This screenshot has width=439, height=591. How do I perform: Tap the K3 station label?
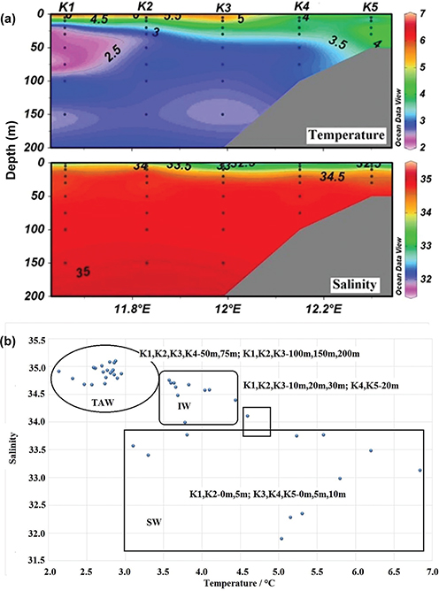tap(225, 8)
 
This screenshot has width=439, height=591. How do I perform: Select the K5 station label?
tap(371, 7)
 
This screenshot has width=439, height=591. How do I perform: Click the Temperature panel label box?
tap(350, 134)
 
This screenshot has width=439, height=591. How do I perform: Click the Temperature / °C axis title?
tap(234, 585)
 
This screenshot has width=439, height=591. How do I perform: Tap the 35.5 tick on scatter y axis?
tap(32, 340)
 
